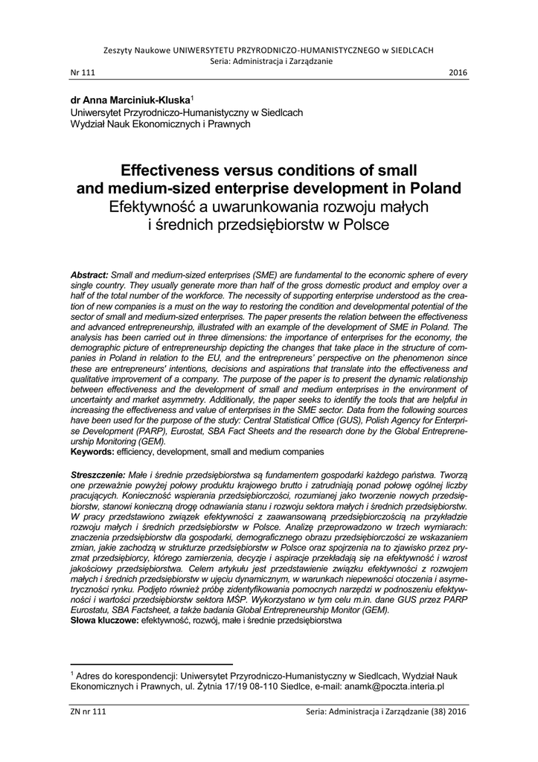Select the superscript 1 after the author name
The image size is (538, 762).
[x=192, y=96]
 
